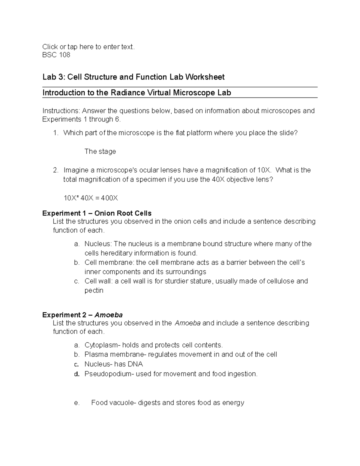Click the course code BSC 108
56,55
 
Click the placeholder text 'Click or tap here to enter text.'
88,47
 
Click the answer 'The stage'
100,152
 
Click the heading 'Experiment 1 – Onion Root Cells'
97,213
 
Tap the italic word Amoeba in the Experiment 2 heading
109,315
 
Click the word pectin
94,290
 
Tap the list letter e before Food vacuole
76,403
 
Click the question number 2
55,170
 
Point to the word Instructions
61,111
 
